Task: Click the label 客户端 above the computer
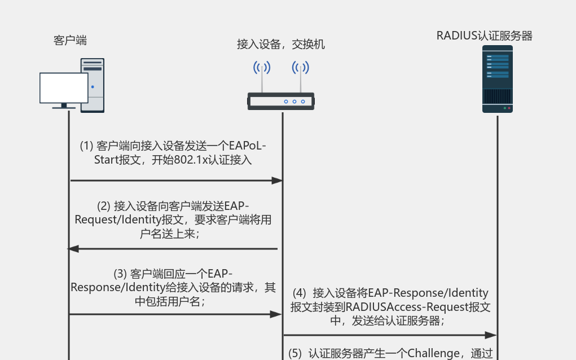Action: (x=70, y=41)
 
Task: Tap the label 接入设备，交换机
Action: (x=280, y=45)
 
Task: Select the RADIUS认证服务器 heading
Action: (x=484, y=36)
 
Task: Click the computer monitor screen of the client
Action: (x=63, y=88)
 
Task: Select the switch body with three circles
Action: (x=280, y=102)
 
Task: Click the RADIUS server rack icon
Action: (x=497, y=79)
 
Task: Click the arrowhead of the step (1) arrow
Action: (x=277, y=181)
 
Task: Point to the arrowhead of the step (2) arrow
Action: (x=73, y=249)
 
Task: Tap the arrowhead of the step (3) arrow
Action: (x=277, y=314)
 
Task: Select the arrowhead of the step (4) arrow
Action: (x=492, y=335)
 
